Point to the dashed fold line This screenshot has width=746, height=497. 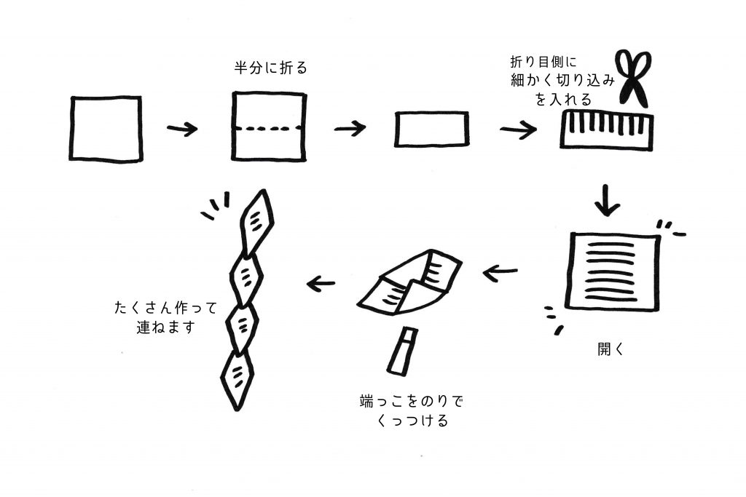click(x=267, y=129)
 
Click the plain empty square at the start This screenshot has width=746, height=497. click(x=106, y=128)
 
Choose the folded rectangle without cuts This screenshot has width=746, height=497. click(x=431, y=130)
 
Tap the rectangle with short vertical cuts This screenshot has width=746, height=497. click(x=607, y=129)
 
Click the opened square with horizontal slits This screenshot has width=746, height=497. click(x=614, y=271)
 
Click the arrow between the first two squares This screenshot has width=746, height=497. click(x=182, y=130)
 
